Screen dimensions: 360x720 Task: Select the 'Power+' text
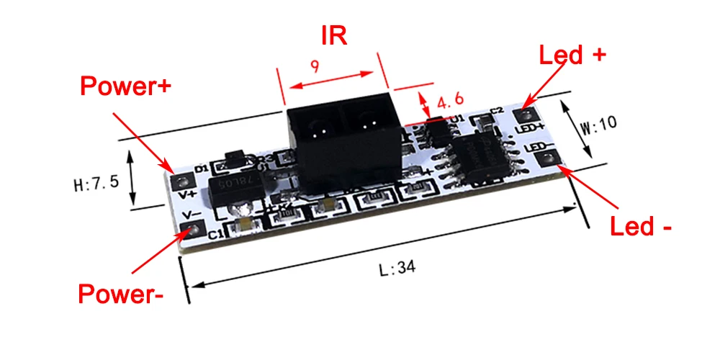point(125,86)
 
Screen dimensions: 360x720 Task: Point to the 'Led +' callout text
point(573,55)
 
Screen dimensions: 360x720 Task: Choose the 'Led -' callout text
point(641,227)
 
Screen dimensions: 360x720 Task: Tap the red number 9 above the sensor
point(315,66)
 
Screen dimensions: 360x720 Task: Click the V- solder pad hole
point(192,230)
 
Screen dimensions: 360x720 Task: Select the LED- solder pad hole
point(545,160)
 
